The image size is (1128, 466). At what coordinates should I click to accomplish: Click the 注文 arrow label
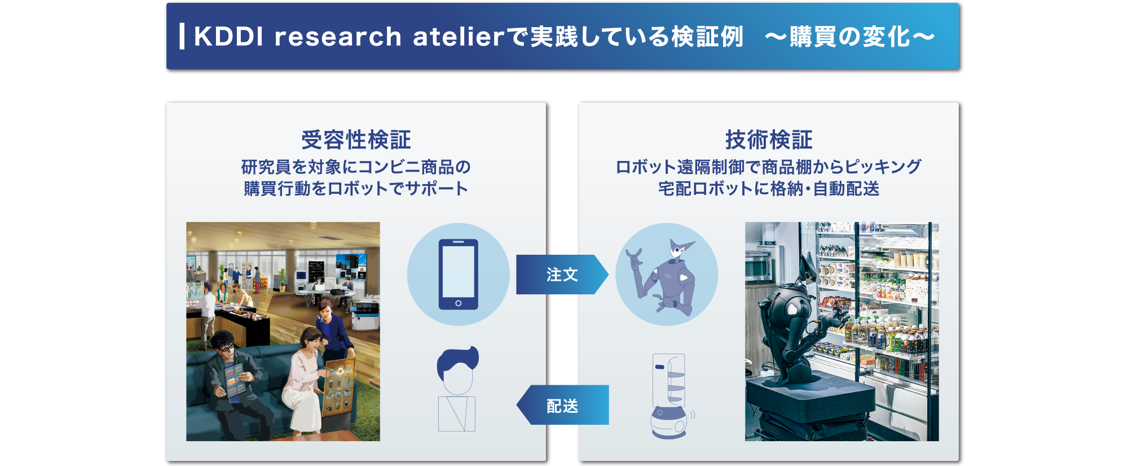click(x=562, y=275)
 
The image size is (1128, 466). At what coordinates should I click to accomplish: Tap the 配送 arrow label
click(x=562, y=406)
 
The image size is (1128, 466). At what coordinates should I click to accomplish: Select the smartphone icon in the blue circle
click(x=459, y=275)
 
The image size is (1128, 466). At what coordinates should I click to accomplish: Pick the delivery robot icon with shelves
click(x=671, y=396)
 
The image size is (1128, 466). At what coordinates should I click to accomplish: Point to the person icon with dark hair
click(x=457, y=389)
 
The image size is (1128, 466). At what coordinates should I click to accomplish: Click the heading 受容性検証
click(x=356, y=140)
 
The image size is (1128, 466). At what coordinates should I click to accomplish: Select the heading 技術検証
click(x=769, y=140)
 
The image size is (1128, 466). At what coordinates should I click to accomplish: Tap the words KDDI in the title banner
click(x=228, y=37)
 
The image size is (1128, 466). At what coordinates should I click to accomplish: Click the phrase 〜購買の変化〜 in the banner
click(x=850, y=37)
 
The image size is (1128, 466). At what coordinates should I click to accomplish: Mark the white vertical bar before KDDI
click(x=182, y=36)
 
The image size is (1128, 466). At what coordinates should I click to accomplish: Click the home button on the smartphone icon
click(x=459, y=303)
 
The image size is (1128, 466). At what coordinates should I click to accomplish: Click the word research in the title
click(x=338, y=37)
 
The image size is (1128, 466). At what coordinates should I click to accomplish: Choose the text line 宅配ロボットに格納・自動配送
click(x=769, y=188)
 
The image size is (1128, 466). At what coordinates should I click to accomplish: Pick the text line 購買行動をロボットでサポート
click(x=356, y=188)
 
